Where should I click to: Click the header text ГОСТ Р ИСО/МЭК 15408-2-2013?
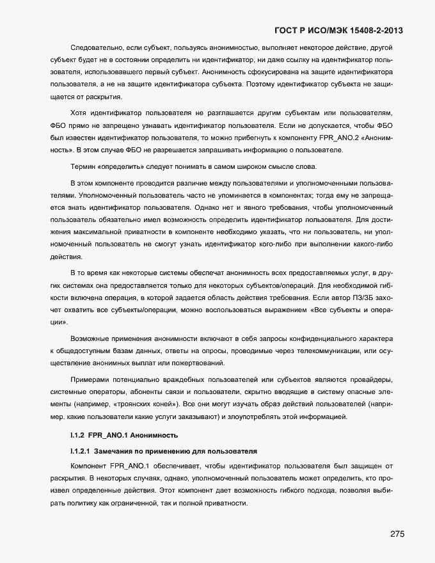coord(339,30)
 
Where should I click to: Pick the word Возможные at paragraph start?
coord(90,338)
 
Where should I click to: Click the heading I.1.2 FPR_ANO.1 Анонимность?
coord(124,436)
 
